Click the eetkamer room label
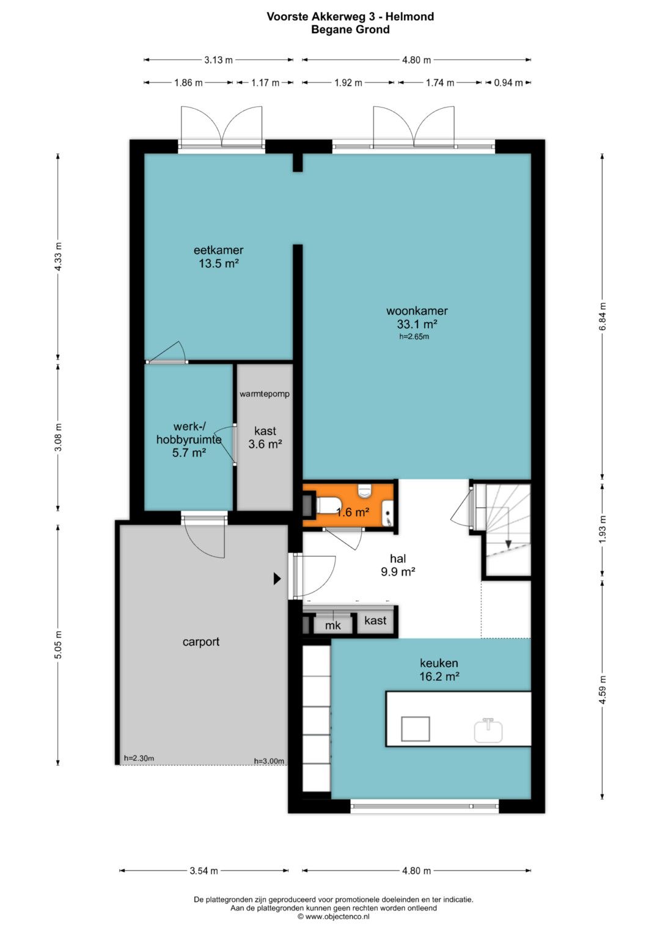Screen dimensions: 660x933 [x=218, y=250]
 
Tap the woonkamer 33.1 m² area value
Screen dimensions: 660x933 [x=417, y=324]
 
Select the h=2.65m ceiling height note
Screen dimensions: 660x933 [x=414, y=337]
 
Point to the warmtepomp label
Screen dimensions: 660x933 [x=264, y=393]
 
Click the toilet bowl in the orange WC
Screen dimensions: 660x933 [x=327, y=505]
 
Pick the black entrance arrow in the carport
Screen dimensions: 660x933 [x=277, y=579]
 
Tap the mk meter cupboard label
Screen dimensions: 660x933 [x=332, y=625]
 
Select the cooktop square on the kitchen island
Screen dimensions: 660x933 [x=415, y=728]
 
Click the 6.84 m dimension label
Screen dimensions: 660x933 [x=603, y=316]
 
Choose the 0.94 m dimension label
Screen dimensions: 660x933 [x=508, y=83]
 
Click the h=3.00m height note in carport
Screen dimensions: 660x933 [x=269, y=761]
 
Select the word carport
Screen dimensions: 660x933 [x=201, y=642]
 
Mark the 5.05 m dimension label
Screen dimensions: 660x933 [x=58, y=645]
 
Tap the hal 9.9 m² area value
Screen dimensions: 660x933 [x=398, y=571]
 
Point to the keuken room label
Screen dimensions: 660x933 [x=439, y=663]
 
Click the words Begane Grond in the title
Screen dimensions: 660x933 [x=350, y=29]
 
